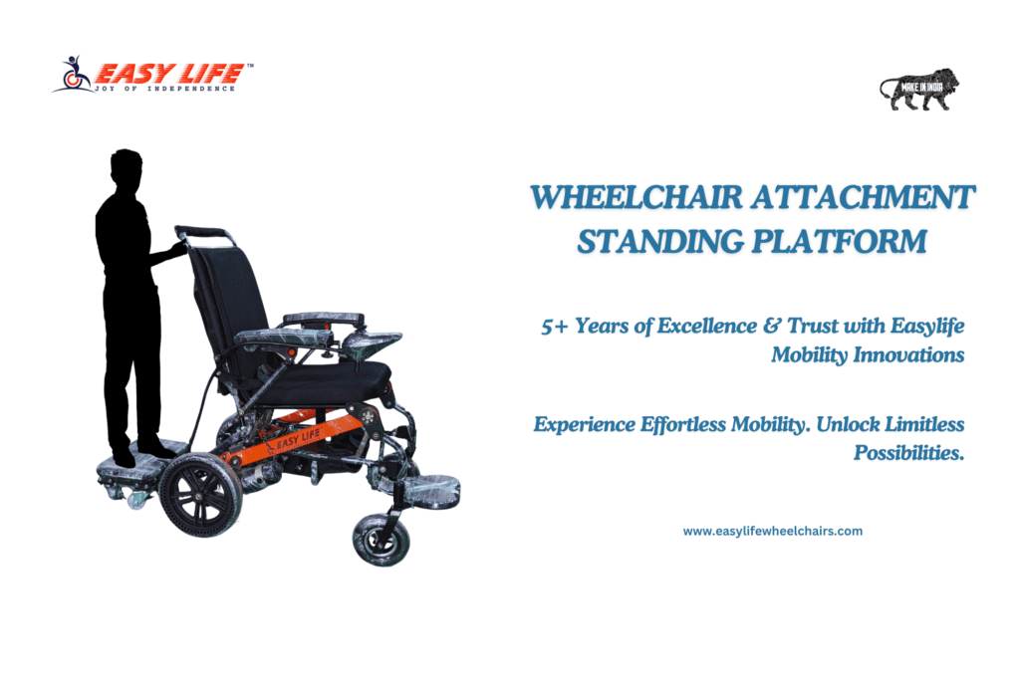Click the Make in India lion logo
click(x=919, y=89)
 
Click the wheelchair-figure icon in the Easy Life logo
click(x=74, y=74)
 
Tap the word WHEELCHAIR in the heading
click(x=637, y=197)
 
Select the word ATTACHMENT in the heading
click(x=864, y=197)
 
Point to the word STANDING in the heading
click(x=660, y=241)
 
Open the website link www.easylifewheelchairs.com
click(x=773, y=531)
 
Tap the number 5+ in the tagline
click(x=554, y=326)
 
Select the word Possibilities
click(x=908, y=452)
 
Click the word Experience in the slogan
click(x=584, y=424)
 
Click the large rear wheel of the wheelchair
click(x=200, y=494)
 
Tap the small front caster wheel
click(x=382, y=539)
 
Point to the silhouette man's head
click(x=126, y=166)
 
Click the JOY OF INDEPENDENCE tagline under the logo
click(x=164, y=89)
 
